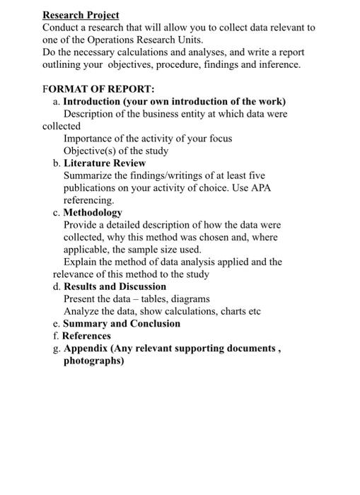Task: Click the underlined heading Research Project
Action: (81, 15)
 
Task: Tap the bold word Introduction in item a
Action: (93, 101)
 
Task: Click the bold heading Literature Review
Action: (105, 163)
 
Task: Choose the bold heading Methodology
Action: (93, 212)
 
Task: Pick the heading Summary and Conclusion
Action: (122, 323)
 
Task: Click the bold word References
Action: (86, 336)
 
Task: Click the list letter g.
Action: (56, 349)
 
